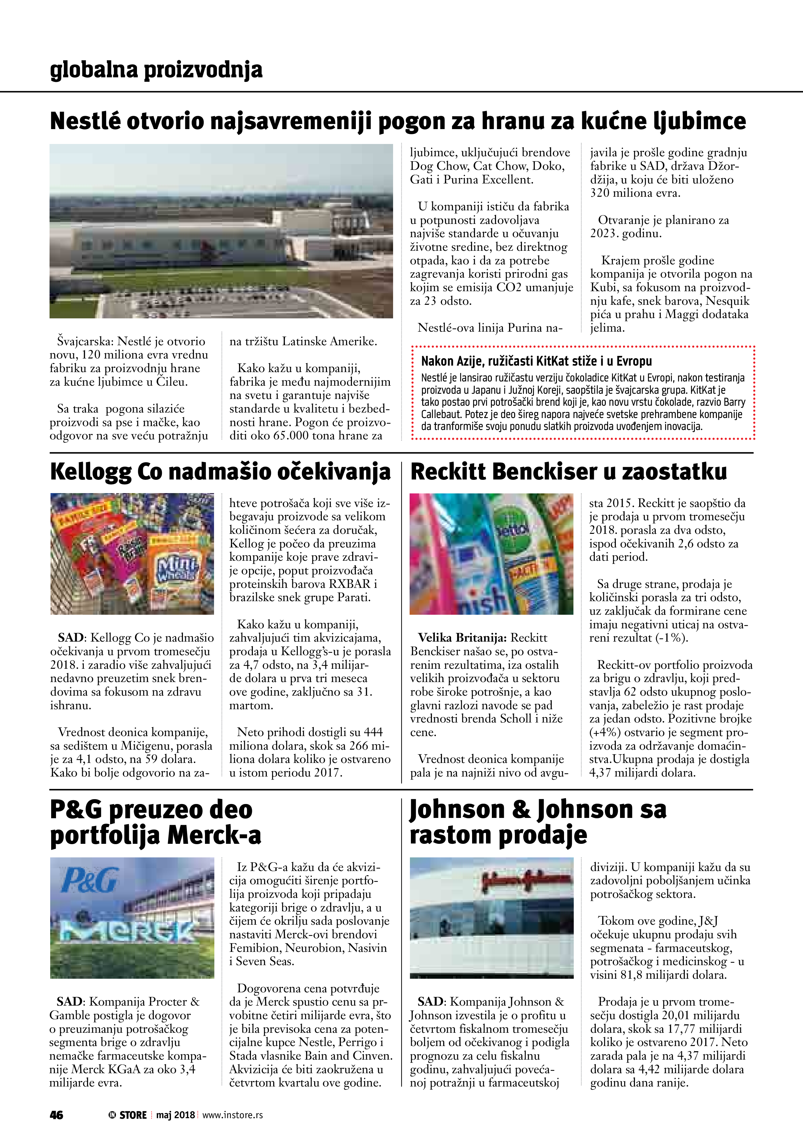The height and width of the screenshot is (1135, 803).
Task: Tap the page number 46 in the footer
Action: pyautogui.click(x=56, y=1115)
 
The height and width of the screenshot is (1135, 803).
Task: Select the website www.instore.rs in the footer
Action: pyautogui.click(x=232, y=1115)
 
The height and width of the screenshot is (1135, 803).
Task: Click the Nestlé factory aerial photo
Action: pyautogui.click(x=221, y=231)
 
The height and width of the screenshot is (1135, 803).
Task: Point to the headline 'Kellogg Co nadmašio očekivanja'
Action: pyautogui.click(x=220, y=472)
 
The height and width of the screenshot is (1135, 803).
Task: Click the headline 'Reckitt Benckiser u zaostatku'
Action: pyautogui.click(x=569, y=472)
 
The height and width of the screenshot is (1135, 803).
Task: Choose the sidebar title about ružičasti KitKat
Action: pyautogui.click(x=536, y=361)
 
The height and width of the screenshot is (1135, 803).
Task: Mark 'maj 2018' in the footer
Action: pyautogui.click(x=175, y=1115)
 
